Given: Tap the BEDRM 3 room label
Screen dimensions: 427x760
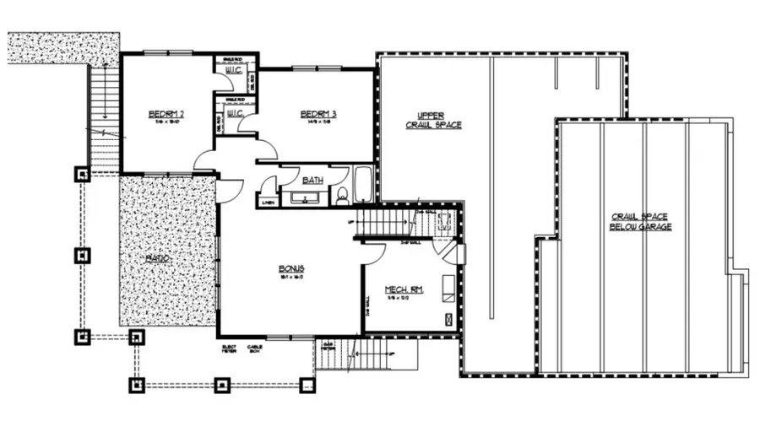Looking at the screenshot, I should (x=318, y=115).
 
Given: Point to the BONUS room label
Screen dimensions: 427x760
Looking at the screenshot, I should (x=290, y=268).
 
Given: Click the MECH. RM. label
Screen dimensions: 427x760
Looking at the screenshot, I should (x=404, y=289).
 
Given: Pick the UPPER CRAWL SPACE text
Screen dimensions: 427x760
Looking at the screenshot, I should (x=433, y=120).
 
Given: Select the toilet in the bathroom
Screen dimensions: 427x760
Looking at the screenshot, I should (x=342, y=196).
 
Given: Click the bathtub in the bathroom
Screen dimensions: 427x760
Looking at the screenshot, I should (x=363, y=186).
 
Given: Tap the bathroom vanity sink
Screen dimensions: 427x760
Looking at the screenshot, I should (x=304, y=198).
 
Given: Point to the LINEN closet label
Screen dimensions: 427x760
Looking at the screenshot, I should (x=268, y=202).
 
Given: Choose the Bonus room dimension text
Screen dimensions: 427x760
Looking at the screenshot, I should (x=290, y=277).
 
